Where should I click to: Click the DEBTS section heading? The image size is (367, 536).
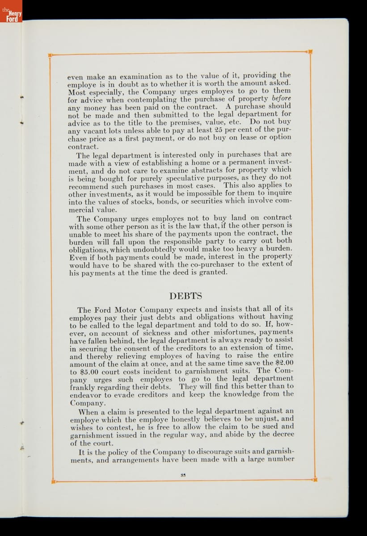[x=186, y=296]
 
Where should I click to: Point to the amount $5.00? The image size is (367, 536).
[x=80, y=371]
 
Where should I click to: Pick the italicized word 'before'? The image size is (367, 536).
[x=281, y=98]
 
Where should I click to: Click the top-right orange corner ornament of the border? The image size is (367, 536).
[x=310, y=52]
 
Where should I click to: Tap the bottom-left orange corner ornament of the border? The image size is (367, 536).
[x=53, y=482]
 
